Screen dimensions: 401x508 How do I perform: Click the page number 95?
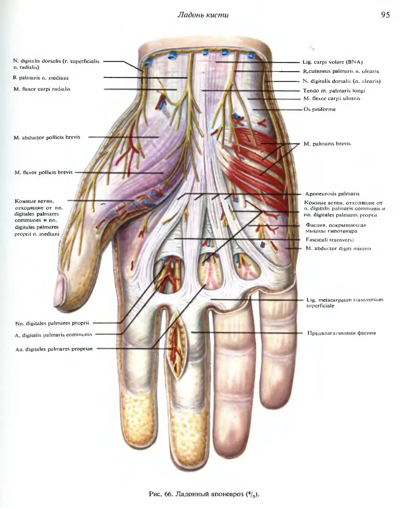[x=385, y=15]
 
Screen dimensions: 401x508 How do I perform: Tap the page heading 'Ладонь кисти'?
[x=203, y=15]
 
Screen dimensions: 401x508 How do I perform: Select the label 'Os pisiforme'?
[x=319, y=109]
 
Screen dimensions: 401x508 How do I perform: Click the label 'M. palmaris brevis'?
[x=327, y=144]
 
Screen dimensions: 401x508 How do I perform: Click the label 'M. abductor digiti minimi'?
[x=338, y=248]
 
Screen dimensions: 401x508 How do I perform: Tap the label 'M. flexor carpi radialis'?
[x=42, y=89]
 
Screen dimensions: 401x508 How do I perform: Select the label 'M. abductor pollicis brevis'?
[x=47, y=137]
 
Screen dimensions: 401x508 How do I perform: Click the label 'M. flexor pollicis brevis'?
[x=43, y=172]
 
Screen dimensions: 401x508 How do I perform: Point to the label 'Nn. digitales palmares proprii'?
[x=52, y=323]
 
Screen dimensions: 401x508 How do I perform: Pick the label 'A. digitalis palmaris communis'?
[x=54, y=335]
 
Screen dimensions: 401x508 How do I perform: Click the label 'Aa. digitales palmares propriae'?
[x=54, y=349]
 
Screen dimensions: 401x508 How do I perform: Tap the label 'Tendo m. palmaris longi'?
[x=333, y=90]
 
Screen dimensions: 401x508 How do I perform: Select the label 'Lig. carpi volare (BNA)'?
[x=332, y=62]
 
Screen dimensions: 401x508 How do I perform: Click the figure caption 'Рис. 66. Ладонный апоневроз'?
[x=204, y=494]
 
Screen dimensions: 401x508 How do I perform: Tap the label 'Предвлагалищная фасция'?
[x=341, y=333]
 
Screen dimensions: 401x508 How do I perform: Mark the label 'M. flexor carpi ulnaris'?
[x=331, y=99]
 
